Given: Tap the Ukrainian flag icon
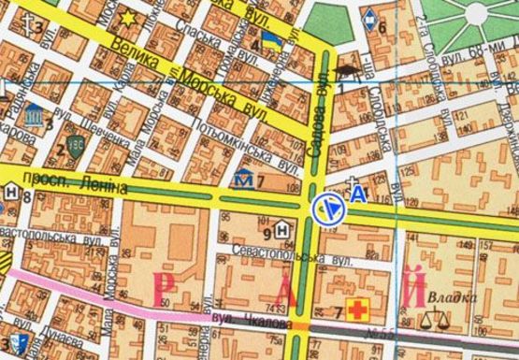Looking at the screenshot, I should point(272,40).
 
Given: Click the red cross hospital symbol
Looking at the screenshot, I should point(356,309).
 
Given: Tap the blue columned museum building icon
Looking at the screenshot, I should point(35,115).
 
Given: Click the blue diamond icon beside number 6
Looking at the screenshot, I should point(370,16).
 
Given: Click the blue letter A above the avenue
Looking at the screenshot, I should point(358,194).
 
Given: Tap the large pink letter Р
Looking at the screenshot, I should point(169,288).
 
